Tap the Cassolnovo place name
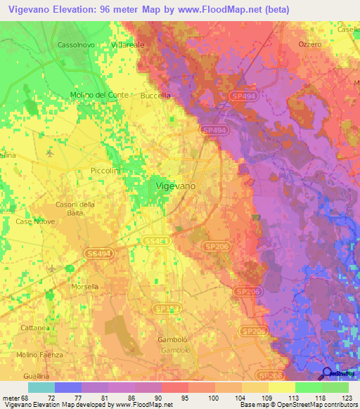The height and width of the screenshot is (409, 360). pyautogui.click(x=77, y=44)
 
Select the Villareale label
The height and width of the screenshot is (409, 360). pyautogui.click(x=127, y=44)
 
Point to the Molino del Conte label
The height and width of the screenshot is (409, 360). pyautogui.click(x=99, y=95)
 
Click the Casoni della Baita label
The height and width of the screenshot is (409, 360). pyautogui.click(x=75, y=209)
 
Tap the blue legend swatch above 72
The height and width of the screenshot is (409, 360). pyautogui.click(x=68, y=387)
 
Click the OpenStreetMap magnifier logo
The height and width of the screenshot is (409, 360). pyautogui.click(x=328, y=374)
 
